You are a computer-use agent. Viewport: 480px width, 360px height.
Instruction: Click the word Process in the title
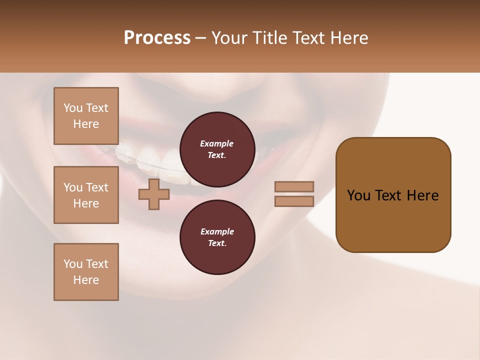pos(157,38)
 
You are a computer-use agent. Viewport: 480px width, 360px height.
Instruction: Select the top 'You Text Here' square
pos(86,116)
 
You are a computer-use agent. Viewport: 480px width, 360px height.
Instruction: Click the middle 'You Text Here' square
pos(86,195)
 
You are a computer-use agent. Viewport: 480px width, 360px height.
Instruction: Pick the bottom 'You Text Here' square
pos(86,272)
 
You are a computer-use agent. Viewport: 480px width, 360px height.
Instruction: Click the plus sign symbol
pos(153,194)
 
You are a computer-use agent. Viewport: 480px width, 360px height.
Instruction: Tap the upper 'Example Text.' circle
pos(217,149)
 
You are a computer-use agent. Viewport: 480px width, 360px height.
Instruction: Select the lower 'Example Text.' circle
pos(217,237)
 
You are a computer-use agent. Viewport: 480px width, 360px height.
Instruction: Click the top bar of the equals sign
pos(294,186)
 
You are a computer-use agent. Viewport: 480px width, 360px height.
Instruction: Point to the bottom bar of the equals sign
pos(294,201)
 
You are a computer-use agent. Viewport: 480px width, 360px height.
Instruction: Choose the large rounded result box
pos(393,195)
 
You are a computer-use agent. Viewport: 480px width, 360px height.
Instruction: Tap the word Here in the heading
pos(348,38)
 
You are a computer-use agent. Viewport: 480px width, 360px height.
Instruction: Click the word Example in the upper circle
pos(217,143)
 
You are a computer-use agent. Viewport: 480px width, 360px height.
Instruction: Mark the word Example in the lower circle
pos(217,231)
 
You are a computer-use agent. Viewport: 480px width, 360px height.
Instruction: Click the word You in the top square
pos(73,108)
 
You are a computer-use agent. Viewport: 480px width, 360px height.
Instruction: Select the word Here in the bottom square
pos(86,280)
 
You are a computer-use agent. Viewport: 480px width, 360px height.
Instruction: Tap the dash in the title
pos(200,38)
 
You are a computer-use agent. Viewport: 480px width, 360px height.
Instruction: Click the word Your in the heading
pos(229,38)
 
